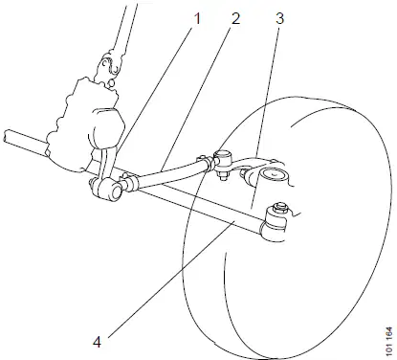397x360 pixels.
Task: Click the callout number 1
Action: point(197,18)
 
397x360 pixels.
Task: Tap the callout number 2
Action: point(235,18)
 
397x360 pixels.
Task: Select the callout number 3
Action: point(279,18)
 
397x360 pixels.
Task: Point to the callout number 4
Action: point(97,343)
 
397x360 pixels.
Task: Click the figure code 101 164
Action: point(388,341)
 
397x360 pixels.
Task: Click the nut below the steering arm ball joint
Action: point(223,175)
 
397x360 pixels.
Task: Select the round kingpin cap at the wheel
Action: point(274,176)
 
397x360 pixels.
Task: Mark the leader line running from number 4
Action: point(171,279)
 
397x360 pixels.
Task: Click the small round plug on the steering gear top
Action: point(111,83)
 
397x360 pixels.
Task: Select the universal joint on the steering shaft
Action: point(108,65)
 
